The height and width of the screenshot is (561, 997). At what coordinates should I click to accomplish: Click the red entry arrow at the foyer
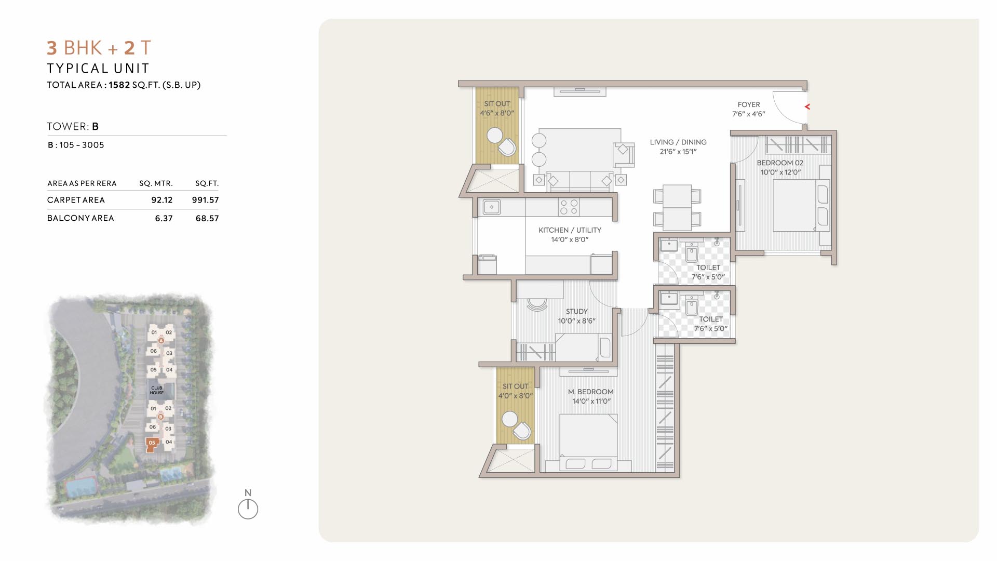pos(807,106)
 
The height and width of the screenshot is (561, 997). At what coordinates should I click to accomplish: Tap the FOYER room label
pos(749,104)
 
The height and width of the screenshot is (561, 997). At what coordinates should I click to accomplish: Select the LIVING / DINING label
pos(678,142)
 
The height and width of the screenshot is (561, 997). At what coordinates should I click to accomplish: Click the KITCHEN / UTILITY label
pos(570,230)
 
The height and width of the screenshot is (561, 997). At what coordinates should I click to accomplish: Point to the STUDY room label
pos(577,312)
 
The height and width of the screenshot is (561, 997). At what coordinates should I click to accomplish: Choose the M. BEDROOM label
pos(591,392)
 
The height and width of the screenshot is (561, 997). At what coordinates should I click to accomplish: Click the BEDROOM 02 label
pos(780,163)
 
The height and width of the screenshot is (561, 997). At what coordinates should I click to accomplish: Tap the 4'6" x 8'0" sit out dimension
pos(497,113)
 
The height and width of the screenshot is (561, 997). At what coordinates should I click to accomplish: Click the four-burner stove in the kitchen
pos(569,207)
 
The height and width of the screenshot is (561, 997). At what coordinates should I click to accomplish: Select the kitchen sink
pos(492,207)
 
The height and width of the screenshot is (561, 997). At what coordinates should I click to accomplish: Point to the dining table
pos(677,208)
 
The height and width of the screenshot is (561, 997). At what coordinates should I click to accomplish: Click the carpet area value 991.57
pos(206,200)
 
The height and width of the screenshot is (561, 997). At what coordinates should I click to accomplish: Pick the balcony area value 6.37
pos(164,219)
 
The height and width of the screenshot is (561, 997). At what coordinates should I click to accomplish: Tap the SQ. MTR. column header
pos(156,183)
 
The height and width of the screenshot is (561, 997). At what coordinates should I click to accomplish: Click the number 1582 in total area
pos(119,85)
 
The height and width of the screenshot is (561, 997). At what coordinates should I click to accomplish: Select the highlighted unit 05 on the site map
pos(152,445)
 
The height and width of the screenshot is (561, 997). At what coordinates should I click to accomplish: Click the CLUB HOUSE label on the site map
pos(157,390)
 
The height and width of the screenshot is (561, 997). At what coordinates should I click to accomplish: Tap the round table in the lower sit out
pos(510,419)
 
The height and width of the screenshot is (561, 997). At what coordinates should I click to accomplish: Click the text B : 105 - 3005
pos(76,145)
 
